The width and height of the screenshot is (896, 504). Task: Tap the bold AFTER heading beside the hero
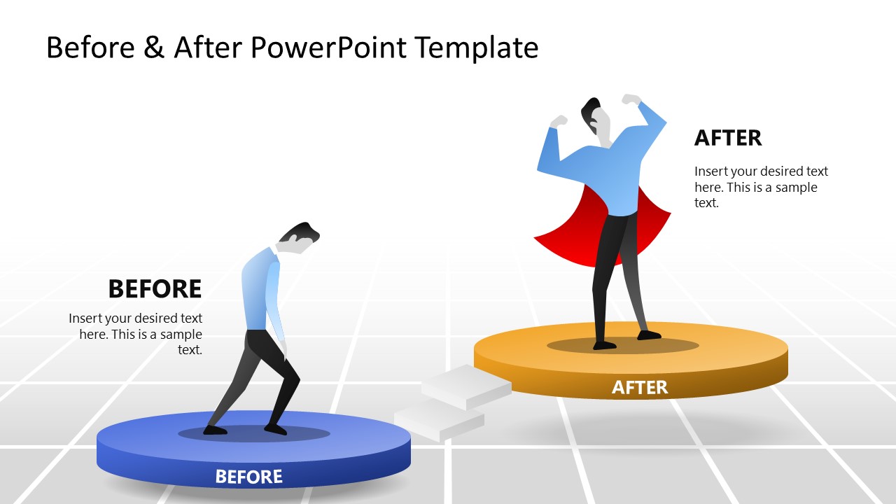click(x=728, y=138)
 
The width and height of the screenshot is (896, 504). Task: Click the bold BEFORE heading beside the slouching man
click(x=155, y=288)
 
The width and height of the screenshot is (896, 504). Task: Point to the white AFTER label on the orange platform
click(x=640, y=387)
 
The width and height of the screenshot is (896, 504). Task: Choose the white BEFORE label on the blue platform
click(x=248, y=477)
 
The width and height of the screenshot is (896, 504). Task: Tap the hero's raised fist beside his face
click(x=558, y=122)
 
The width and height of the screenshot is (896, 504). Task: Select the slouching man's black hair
click(x=301, y=230)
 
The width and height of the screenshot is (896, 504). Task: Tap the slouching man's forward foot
click(x=276, y=429)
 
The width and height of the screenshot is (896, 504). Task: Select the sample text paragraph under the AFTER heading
click(x=761, y=187)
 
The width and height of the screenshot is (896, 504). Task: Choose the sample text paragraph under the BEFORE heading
click(x=136, y=334)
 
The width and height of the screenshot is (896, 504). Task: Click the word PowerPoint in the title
click(x=328, y=48)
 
